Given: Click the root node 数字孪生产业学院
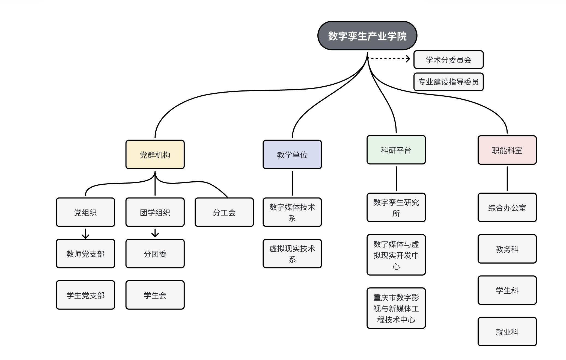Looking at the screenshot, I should tap(367, 36).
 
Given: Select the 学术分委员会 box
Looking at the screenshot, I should tap(448, 60).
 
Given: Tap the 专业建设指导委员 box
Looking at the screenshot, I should tap(448, 82).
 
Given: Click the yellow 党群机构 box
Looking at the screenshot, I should tap(155, 155).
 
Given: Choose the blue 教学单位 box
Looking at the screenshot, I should tap(292, 155).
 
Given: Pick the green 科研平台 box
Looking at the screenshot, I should tap(396, 150).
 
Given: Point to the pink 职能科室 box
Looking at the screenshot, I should tap(507, 150).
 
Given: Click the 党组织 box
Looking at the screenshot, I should tap(85, 212).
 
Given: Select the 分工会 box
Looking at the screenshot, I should tap(224, 212).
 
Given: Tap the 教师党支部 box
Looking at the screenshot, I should tap(85, 254).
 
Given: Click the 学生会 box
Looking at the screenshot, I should tap(155, 295).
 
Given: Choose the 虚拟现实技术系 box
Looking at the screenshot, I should tap(292, 254).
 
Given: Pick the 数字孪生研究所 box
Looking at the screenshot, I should tap(396, 208).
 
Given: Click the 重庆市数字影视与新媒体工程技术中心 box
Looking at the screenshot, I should tap(396, 308).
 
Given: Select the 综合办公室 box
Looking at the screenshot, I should tap(507, 208).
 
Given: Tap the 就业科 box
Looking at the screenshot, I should tap(507, 332).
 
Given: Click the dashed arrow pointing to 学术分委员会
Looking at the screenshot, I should tap(389, 58).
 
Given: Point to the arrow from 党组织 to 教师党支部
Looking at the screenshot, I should tap(85, 234).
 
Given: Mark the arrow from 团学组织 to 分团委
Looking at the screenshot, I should tap(155, 233).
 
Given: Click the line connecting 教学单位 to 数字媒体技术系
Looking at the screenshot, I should tap(292, 183).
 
